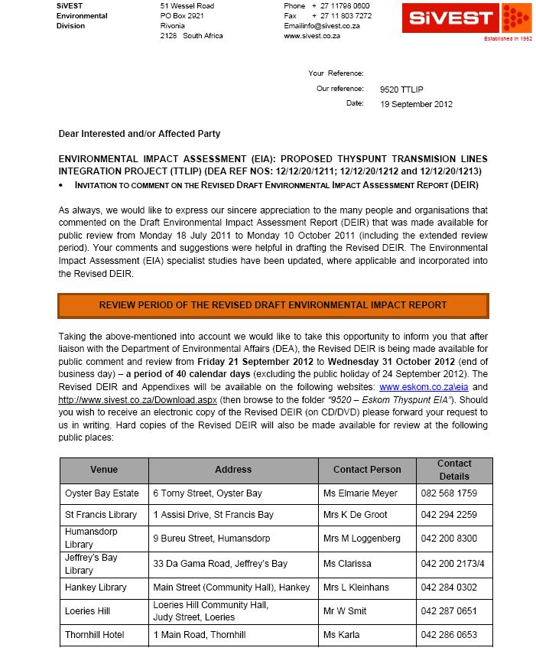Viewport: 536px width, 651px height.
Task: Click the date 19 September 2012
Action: click(417, 103)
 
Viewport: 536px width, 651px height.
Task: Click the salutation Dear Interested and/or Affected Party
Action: click(139, 134)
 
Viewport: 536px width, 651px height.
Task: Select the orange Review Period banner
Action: click(273, 304)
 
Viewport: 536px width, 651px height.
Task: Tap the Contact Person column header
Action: click(367, 470)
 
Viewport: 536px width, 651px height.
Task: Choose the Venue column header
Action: click(104, 470)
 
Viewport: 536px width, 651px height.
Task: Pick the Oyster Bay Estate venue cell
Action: click(102, 493)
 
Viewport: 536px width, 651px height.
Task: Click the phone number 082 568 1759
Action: click(449, 493)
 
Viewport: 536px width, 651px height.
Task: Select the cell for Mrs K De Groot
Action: click(355, 515)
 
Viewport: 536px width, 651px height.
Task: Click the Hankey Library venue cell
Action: click(96, 588)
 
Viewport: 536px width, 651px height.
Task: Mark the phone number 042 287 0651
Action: click(449, 611)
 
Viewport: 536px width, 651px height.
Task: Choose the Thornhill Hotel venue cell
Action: click(94, 635)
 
